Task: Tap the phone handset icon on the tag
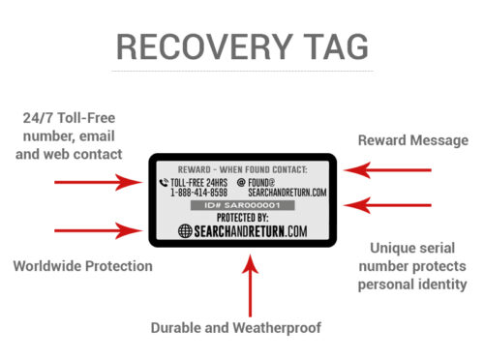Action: (163, 181)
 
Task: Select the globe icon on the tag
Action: (187, 231)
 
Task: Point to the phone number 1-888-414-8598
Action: (199, 192)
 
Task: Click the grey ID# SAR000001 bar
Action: (242, 206)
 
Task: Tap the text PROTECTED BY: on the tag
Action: (242, 219)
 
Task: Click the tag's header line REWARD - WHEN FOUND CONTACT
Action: (242, 166)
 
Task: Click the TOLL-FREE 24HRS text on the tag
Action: (200, 181)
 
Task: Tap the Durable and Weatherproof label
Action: (235, 327)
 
